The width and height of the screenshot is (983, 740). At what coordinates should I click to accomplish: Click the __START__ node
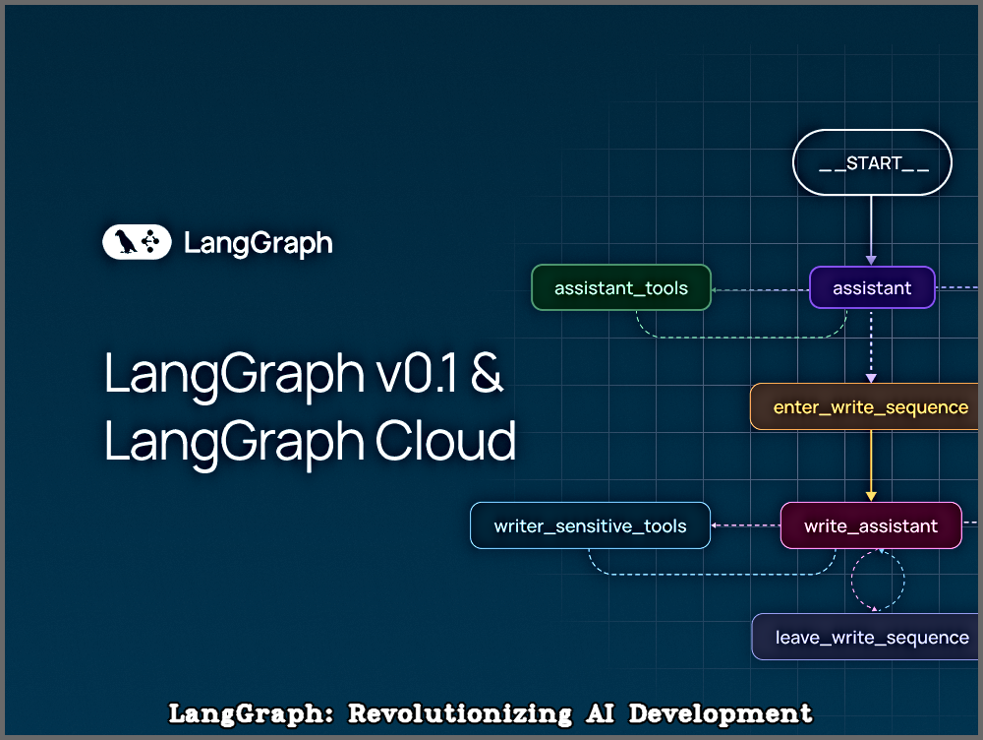point(872,162)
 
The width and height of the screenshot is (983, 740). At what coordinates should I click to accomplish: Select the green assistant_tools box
point(621,287)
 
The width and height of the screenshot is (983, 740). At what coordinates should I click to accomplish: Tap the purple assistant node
point(872,287)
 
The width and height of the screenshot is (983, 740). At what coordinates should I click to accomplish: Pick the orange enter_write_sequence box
point(865,406)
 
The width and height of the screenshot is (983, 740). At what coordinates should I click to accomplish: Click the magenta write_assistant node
point(871,525)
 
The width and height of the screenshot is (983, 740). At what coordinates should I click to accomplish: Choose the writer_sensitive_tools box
point(590,525)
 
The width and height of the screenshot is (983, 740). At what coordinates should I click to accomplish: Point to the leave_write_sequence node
point(866,637)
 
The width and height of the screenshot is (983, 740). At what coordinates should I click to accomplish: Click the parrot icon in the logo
point(126,242)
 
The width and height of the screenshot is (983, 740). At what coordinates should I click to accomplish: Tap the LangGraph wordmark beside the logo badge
point(258,243)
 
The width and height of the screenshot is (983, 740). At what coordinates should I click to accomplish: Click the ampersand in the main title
point(487,373)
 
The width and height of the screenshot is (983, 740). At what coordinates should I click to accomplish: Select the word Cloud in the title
point(445,441)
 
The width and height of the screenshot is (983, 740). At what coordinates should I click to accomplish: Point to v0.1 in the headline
point(416,374)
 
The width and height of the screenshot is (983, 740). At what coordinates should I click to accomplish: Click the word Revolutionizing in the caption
point(459,713)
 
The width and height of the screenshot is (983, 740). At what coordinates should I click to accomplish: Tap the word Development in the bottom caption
point(721,713)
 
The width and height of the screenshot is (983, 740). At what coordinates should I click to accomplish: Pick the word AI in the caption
point(600,713)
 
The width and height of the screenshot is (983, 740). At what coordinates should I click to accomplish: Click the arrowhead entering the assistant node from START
point(871,261)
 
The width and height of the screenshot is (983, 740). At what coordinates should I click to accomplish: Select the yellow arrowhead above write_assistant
point(871,497)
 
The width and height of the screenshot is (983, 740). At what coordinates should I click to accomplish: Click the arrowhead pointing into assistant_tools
point(714,290)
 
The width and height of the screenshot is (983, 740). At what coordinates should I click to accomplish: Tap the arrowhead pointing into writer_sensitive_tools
point(714,525)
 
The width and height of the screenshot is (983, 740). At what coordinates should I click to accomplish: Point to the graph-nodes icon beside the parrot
point(150,242)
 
